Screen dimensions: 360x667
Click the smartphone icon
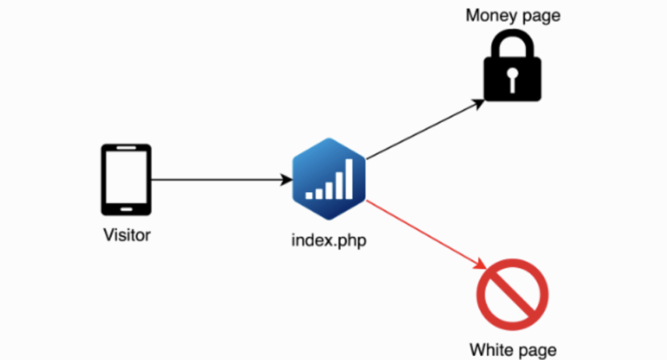(x=126, y=180)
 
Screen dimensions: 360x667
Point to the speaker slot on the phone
(x=126, y=150)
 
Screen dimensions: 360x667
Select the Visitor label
(x=127, y=234)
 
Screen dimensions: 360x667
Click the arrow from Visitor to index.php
(x=215, y=180)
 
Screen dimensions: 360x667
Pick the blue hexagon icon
(x=329, y=178)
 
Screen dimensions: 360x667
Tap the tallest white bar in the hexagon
(x=349, y=179)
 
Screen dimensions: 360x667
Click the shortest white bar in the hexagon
(x=309, y=195)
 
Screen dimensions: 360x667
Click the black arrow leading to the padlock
(x=423, y=130)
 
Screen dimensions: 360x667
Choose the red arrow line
(x=423, y=234)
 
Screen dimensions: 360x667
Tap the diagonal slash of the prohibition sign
(x=512, y=296)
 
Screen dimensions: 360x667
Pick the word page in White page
(x=538, y=351)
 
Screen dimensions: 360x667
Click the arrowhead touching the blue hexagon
(x=287, y=180)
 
